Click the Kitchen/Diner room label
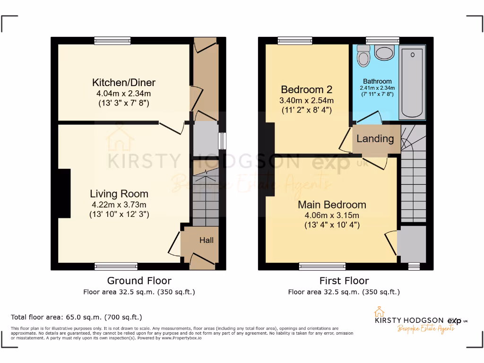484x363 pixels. (123, 83)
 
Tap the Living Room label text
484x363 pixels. (119, 194)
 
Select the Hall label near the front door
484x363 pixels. (206, 240)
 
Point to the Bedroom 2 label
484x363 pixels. (307, 89)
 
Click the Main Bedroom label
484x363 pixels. (332, 205)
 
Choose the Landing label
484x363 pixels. (375, 138)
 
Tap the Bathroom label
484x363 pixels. (377, 81)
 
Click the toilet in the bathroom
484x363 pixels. (363, 56)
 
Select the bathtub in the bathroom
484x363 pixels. (413, 83)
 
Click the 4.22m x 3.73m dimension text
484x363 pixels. (119, 205)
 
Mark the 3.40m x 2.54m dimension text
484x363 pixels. (307, 101)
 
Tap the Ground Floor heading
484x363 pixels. (139, 281)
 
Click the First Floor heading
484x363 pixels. (344, 281)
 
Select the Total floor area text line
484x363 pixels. (76, 317)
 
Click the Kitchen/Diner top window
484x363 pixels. (112, 41)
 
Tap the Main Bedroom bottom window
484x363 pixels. (321, 267)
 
